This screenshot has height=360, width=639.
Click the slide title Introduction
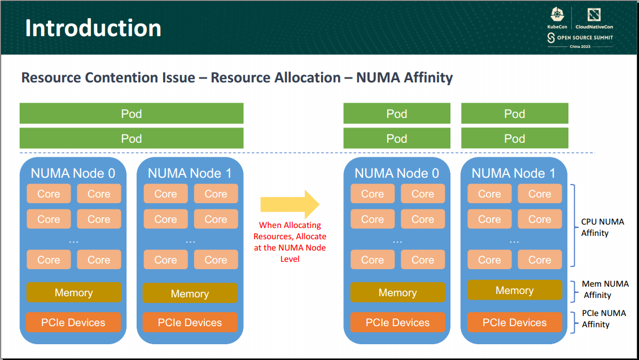93,28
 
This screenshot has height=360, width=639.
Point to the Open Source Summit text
584,38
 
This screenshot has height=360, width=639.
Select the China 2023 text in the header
580,46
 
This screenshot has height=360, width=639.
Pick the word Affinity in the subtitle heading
428,77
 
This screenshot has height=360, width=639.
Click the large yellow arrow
290,204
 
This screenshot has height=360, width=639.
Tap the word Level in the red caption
290,259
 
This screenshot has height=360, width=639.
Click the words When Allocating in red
290,225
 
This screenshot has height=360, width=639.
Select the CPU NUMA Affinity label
602,227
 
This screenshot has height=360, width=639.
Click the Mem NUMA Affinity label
605,289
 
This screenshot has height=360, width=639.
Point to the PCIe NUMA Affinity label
604,319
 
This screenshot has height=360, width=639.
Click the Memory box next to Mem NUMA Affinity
514,290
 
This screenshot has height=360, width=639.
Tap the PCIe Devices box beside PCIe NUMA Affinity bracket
514,323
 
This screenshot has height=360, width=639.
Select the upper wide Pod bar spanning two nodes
132,113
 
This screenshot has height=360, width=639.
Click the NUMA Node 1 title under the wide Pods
190,173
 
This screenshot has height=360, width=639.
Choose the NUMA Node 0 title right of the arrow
396,173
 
